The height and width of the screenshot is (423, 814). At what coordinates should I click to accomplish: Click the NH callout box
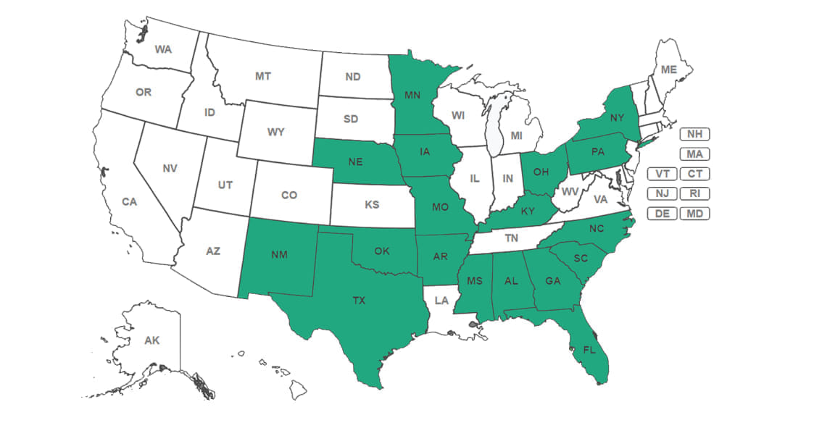click(x=694, y=134)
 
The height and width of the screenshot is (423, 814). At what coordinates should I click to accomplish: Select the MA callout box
click(x=694, y=154)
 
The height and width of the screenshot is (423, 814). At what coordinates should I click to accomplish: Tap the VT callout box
click(x=662, y=174)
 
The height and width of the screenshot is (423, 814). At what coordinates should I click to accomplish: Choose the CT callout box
click(x=694, y=174)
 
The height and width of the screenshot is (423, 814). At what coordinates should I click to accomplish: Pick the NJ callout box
click(x=662, y=193)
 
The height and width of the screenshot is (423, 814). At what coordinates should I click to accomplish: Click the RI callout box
click(x=694, y=193)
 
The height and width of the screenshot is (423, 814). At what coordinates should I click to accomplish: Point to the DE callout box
click(x=662, y=214)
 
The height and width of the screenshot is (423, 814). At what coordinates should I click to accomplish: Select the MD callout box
click(x=694, y=214)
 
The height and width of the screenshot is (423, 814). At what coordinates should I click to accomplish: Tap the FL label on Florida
click(x=589, y=348)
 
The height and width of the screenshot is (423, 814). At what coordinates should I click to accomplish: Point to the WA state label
click(x=163, y=50)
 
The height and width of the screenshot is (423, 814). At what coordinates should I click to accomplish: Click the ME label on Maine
click(x=668, y=70)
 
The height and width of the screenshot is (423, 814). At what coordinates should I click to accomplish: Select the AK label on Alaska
click(x=151, y=340)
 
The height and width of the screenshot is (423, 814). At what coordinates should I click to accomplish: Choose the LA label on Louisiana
click(x=441, y=299)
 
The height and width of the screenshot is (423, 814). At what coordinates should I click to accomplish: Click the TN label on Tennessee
click(x=512, y=238)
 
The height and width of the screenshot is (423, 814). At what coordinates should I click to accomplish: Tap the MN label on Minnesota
click(x=412, y=95)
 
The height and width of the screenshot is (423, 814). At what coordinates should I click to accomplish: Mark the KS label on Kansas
click(x=372, y=205)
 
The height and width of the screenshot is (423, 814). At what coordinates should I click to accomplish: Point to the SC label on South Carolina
click(x=579, y=259)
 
